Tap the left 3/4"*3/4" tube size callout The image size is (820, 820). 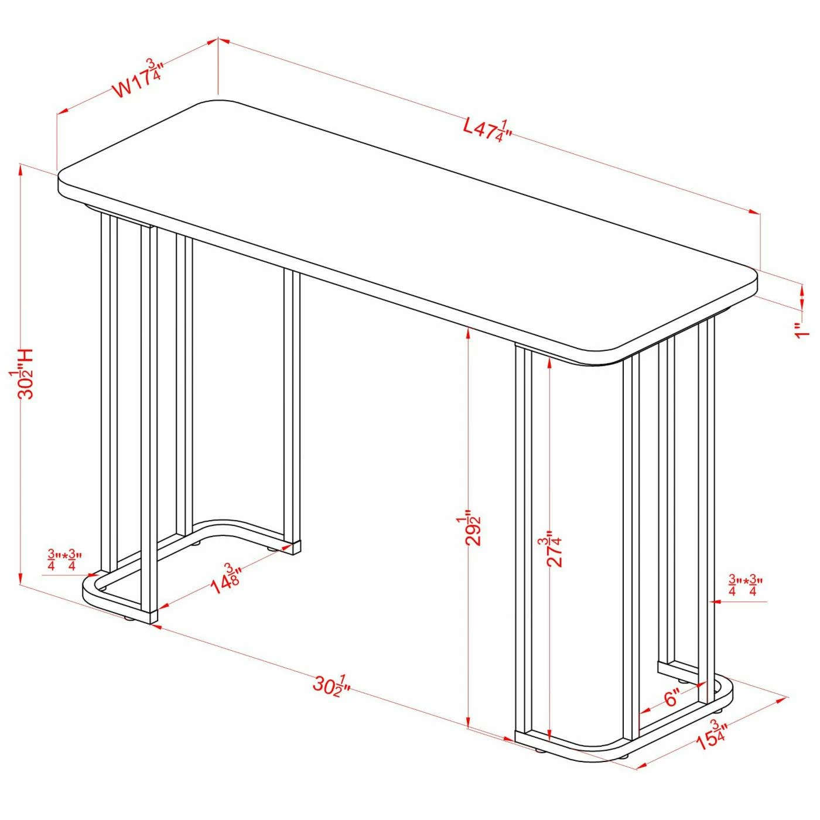[x=64, y=560]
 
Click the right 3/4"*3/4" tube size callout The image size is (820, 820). [x=745, y=586]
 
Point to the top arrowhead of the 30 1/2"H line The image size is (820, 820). [x=21, y=169]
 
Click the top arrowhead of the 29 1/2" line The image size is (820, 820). [x=468, y=332]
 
